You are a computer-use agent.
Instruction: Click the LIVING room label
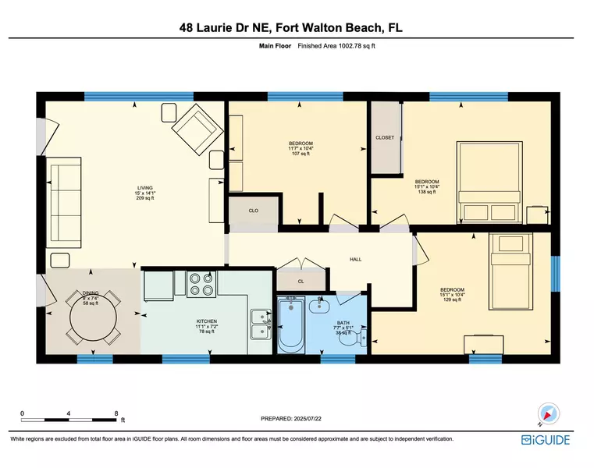click(144, 188)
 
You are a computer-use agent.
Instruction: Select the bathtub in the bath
click(293, 327)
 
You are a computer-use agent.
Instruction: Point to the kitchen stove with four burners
click(202, 284)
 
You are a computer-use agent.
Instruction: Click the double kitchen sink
click(259, 323)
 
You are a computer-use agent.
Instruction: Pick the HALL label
click(355, 260)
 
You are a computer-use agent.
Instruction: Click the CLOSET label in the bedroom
click(385, 138)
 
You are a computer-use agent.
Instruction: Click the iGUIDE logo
click(546, 441)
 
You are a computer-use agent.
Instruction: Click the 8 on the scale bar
click(116, 413)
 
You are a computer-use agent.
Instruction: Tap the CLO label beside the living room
click(253, 211)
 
